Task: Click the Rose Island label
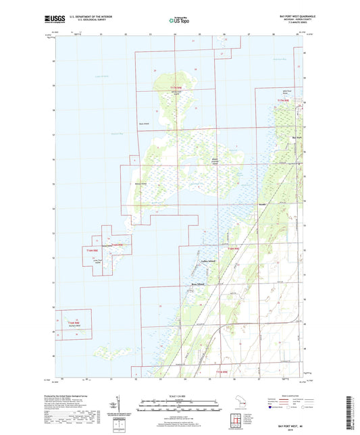coord(196,284)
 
